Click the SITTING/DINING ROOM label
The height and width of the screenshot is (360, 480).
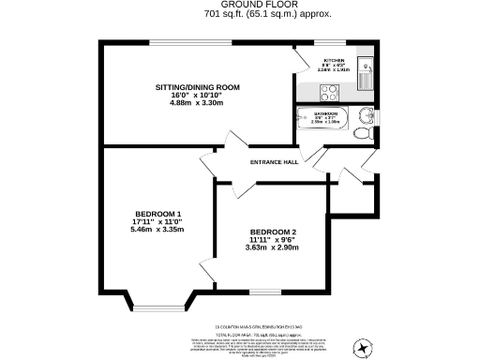(x=198, y=87)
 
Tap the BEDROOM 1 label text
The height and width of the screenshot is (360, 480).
(x=157, y=212)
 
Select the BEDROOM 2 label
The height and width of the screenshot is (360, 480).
(x=273, y=232)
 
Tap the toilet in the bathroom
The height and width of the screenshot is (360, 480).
(x=363, y=134)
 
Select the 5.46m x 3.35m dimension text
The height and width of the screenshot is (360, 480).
(x=157, y=229)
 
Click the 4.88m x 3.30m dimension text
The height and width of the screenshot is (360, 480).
(x=198, y=104)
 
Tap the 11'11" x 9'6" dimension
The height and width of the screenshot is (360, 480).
(x=273, y=241)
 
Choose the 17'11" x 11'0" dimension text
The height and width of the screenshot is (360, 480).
(x=157, y=220)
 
